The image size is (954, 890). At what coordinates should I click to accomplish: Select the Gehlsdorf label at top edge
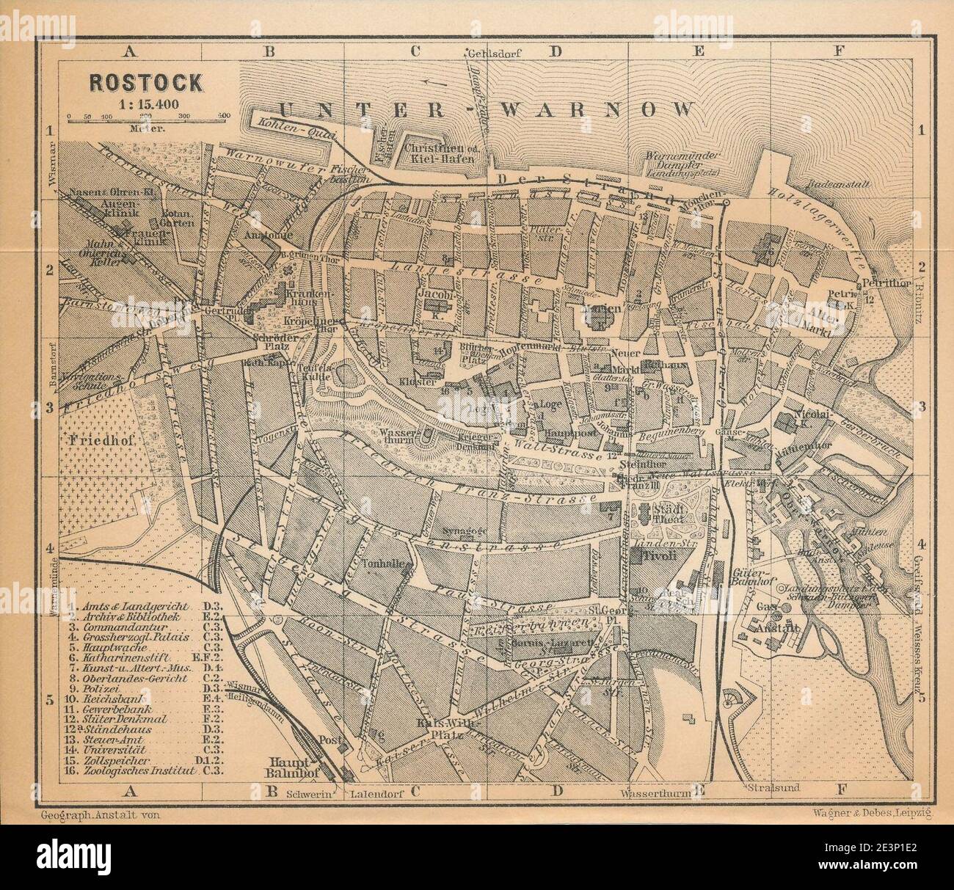tap(487, 51)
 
